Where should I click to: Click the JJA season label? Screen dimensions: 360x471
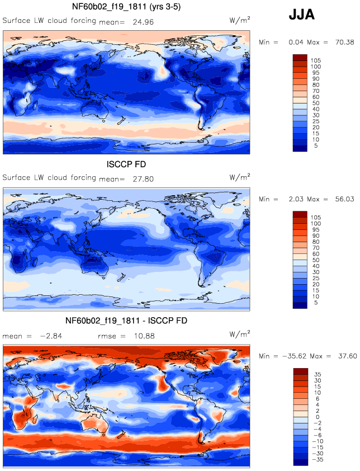301,15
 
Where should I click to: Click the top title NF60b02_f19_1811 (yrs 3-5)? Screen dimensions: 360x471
126,7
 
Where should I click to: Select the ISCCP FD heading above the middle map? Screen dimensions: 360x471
126,164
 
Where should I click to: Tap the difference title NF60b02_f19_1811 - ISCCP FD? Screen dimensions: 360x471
126,321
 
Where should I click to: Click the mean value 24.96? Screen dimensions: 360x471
143,22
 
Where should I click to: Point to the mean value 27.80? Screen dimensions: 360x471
143,179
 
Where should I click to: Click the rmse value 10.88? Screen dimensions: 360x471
144,336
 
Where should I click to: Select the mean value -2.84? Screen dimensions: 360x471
51,336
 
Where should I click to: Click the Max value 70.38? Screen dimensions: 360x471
345,43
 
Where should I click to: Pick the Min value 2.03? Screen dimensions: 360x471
296,199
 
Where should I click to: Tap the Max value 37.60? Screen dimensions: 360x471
347,356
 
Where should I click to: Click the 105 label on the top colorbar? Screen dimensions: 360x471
316,60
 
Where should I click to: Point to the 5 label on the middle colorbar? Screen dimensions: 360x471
316,303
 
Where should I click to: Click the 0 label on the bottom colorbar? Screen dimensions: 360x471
318,417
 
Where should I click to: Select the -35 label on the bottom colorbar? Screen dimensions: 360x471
318,460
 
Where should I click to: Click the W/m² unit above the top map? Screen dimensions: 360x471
240,20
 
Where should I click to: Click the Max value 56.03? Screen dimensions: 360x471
345,199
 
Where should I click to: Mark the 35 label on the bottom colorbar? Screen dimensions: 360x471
318,374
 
